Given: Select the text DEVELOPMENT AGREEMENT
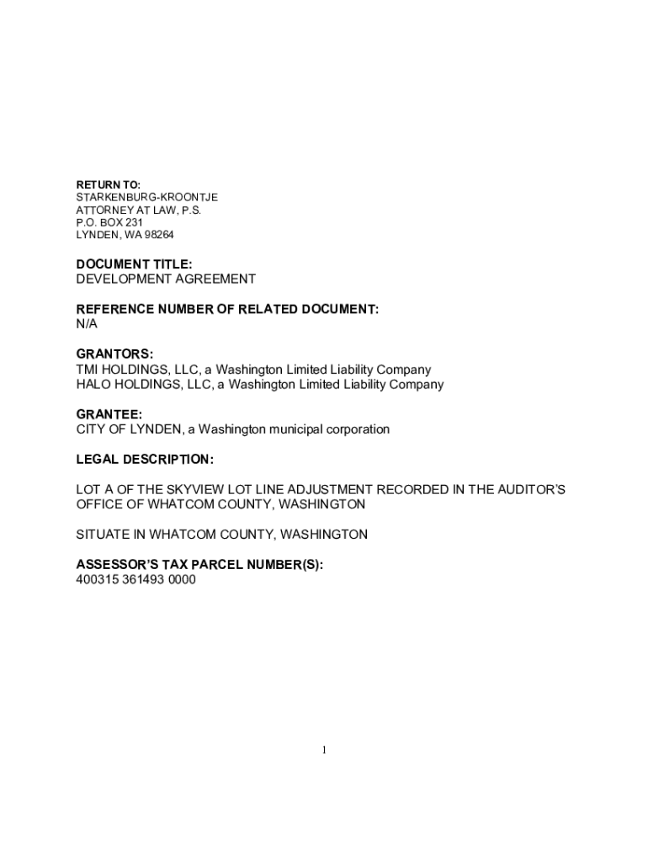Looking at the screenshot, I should click(x=166, y=279).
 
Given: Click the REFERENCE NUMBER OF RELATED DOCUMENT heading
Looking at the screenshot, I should click(x=227, y=309).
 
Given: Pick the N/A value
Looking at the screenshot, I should click(x=88, y=323).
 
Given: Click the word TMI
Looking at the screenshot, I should click(x=88, y=370).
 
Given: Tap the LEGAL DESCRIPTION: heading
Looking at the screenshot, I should click(x=145, y=460).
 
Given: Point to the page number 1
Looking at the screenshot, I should click(x=323, y=751).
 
